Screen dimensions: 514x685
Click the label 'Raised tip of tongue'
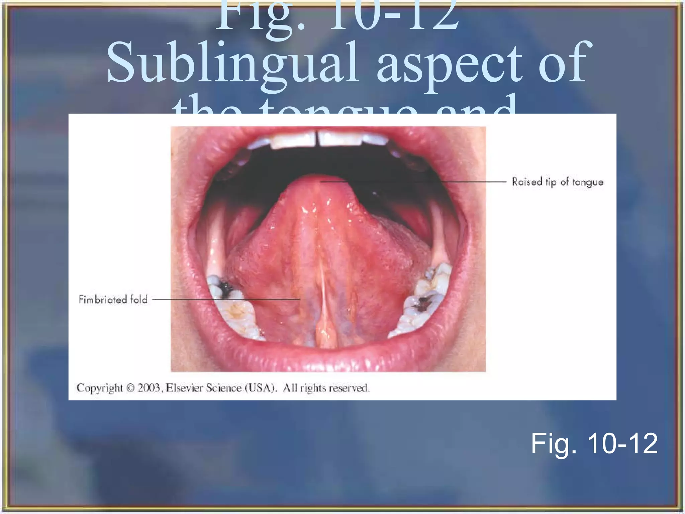pos(558,182)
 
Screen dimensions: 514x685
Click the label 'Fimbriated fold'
pos(113,299)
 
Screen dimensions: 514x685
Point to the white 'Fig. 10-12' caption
pos(594,444)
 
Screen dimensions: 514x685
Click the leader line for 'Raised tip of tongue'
pos(415,182)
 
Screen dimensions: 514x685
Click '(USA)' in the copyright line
pos(261,388)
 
